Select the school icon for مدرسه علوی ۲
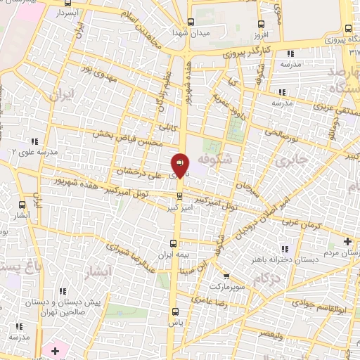(x=34, y=141)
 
